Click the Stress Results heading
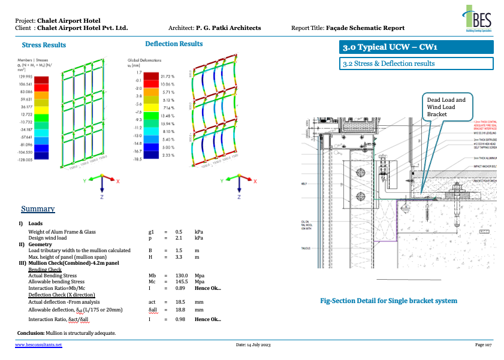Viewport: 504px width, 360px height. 44,45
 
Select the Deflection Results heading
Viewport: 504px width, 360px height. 174,44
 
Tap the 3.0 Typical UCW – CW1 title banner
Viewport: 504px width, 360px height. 416,47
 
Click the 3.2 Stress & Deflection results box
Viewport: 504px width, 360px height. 416,63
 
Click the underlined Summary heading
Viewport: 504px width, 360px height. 38,209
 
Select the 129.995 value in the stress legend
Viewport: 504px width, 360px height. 25,77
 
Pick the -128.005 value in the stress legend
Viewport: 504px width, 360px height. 25,160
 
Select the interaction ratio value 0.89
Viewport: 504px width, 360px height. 179,288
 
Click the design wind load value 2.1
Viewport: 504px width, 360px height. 178,238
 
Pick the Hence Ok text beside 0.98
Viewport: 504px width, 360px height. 207,319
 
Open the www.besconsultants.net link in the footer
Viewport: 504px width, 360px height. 38,346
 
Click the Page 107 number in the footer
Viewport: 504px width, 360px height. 483,346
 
